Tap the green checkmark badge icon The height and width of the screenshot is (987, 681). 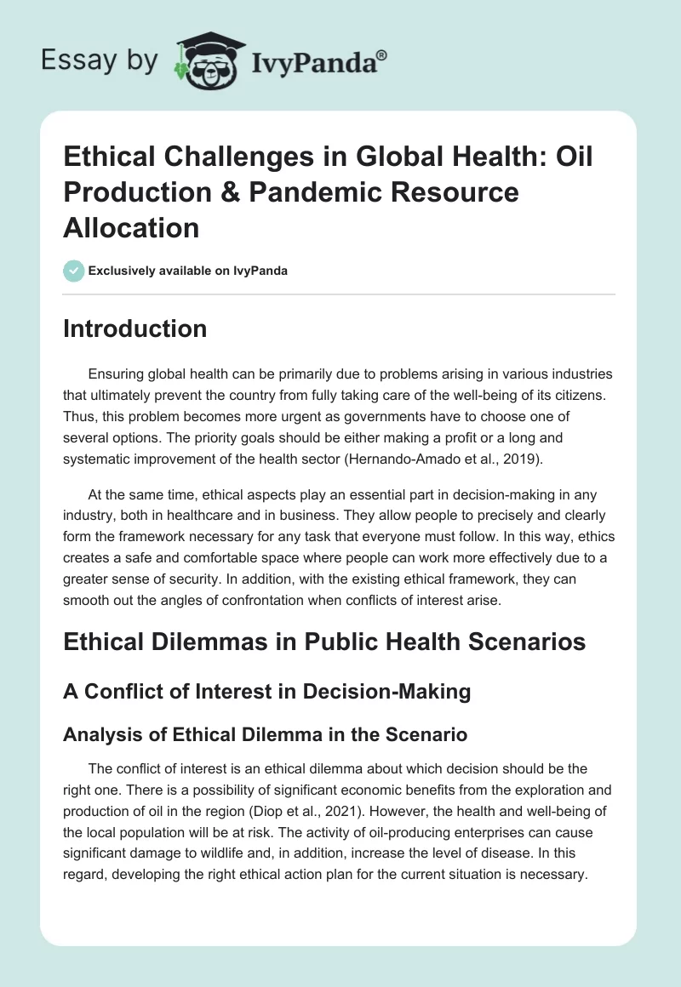tap(73, 271)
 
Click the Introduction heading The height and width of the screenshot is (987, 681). tap(134, 328)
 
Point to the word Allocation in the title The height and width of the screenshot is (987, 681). tap(131, 227)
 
